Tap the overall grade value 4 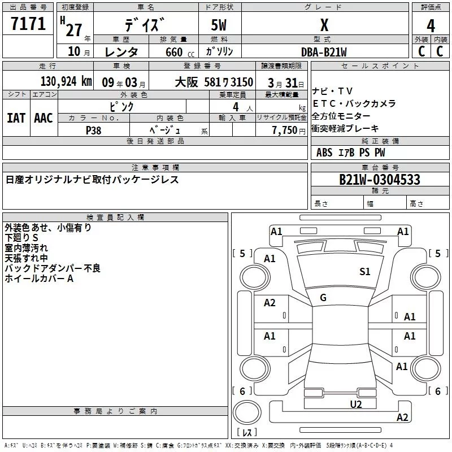(431, 25)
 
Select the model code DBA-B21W (324, 51)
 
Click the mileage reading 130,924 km (66, 82)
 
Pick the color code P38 (94, 130)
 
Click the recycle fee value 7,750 (284, 130)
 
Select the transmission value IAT (16, 118)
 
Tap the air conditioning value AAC (44, 118)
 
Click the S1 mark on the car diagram (365, 272)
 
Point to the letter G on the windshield (323, 298)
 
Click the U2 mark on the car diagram (356, 403)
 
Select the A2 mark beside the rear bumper (402, 418)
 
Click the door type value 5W (219, 25)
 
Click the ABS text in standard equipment (324, 153)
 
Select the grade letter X (324, 25)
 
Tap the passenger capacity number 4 (235, 107)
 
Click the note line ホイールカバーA (40, 278)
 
